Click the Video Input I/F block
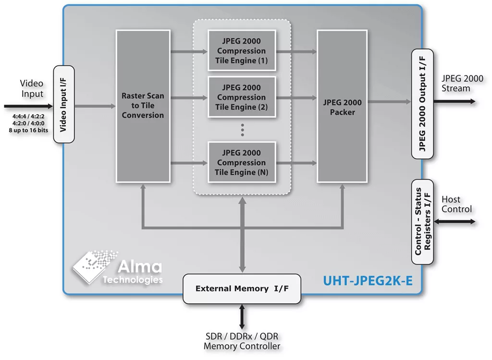[64, 104]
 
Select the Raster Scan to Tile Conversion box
[143, 105]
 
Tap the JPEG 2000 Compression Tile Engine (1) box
[241, 50]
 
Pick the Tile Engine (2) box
[241, 97]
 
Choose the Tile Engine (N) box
[241, 162]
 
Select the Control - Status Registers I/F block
[422, 221]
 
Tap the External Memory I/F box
[241, 288]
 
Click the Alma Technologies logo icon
[90, 265]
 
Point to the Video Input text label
[32, 88]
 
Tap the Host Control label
[456, 204]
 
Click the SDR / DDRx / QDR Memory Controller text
[242, 341]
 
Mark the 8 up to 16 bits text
[28, 130]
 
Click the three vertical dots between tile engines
[242, 130]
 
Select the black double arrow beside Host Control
[455, 221]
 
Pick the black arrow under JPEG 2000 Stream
[455, 101]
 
